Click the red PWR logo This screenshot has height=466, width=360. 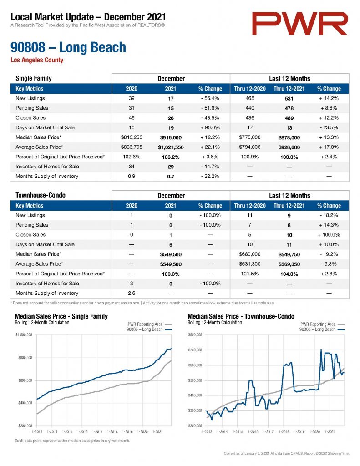(x=300, y=24)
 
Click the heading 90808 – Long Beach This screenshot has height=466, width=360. (x=68, y=47)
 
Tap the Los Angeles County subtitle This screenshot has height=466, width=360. (x=37, y=60)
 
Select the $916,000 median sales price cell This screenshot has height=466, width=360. (x=171, y=137)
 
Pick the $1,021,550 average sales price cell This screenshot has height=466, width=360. (x=171, y=147)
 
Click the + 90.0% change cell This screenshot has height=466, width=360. (x=210, y=127)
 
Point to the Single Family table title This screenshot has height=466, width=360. (x=34, y=78)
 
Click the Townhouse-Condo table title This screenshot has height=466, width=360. (x=41, y=195)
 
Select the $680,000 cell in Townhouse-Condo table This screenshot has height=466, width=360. (x=250, y=254)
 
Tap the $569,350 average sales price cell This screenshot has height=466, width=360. (x=289, y=264)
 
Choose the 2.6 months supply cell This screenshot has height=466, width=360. (x=132, y=293)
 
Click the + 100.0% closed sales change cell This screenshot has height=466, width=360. (x=329, y=235)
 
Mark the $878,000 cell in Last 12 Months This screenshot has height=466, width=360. (x=289, y=137)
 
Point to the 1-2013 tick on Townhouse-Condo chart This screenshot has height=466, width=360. (x=207, y=431)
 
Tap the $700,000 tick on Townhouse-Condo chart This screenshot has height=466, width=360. (x=195, y=350)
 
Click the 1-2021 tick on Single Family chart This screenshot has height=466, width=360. (x=157, y=431)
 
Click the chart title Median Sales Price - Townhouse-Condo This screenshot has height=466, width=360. (x=241, y=316)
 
